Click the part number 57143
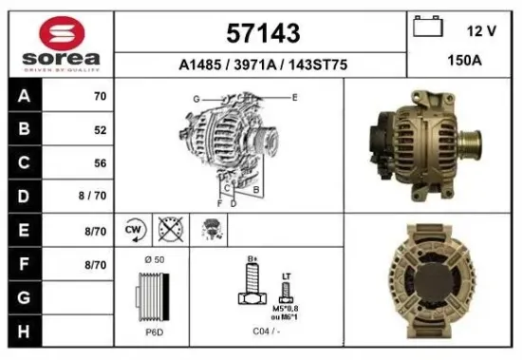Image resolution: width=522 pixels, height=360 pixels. [263, 33]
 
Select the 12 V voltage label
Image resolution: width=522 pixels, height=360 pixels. [482, 30]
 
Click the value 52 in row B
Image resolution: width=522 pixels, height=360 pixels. [100, 131]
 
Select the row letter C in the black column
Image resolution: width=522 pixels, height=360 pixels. [23, 163]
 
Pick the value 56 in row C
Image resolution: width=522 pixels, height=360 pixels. [100, 163]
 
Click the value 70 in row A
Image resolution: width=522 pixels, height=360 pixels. [100, 97]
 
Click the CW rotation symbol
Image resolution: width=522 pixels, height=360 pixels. [133, 229]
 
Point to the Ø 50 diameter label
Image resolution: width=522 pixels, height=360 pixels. [154, 259]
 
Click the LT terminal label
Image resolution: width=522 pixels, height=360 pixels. [287, 276]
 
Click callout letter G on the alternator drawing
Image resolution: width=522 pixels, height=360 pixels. [196, 99]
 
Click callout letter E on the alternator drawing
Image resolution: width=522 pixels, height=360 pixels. [295, 98]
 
